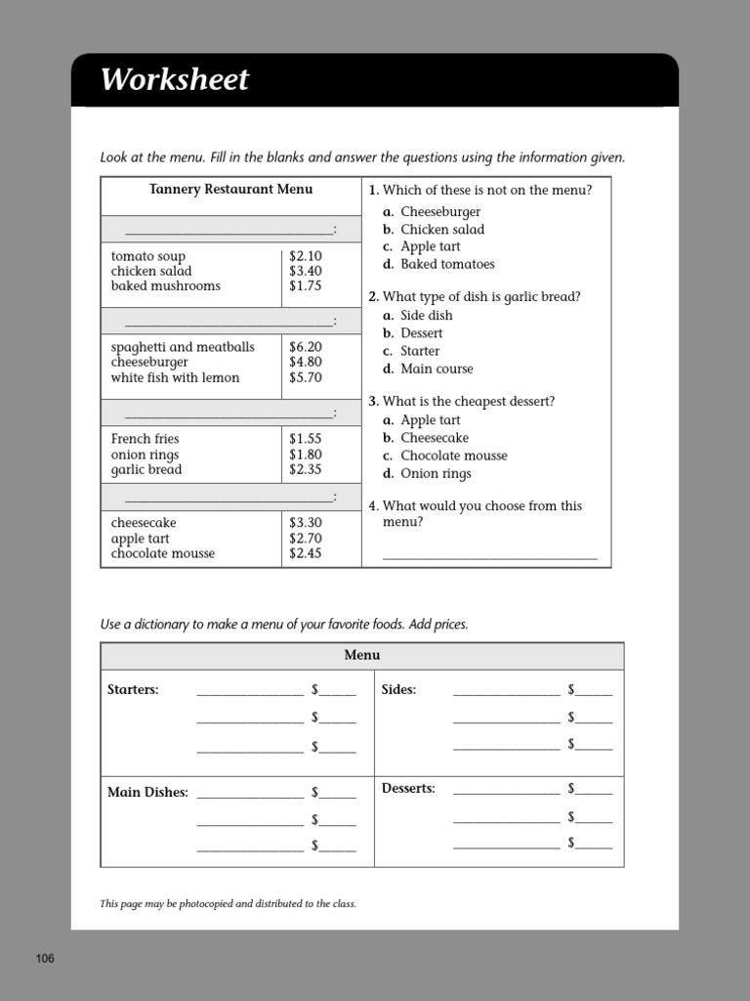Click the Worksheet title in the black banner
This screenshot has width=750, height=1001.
pos(175,80)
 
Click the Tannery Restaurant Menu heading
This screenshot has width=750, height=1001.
pos(230,190)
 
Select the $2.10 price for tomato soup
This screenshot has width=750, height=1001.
pos(305,256)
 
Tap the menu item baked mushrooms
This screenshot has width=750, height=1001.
pos(165,286)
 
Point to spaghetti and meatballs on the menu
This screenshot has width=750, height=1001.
pos(183,347)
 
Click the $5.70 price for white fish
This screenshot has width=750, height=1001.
pos(305,377)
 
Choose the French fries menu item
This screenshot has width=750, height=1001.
pos(146,439)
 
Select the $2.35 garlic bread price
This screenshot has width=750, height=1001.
pos(305,469)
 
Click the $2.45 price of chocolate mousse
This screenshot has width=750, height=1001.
pos(305,553)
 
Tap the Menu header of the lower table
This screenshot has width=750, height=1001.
pos(361,655)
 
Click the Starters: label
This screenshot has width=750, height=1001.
pos(133,689)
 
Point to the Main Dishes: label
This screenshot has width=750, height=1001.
pos(147,793)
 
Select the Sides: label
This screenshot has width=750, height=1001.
pos(398,689)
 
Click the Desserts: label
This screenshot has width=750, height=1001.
pos(408,788)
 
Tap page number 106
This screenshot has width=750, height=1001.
pos(45,958)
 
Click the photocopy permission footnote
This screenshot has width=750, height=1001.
pos(228,903)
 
